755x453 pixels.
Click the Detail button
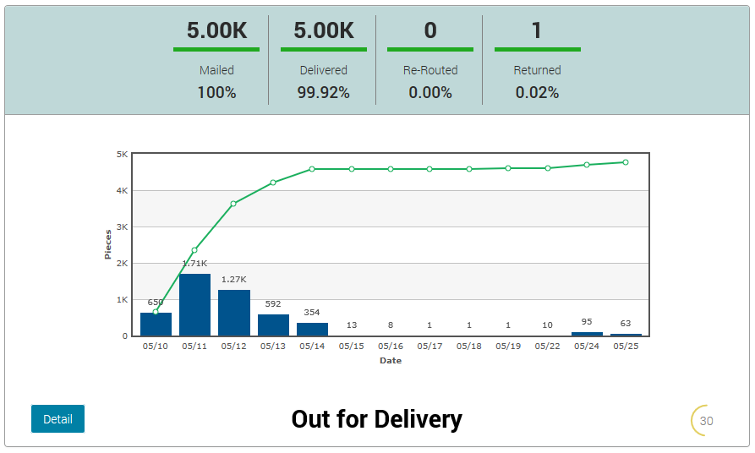coord(57,419)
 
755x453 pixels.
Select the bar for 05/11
coord(194,304)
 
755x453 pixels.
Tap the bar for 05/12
coord(234,313)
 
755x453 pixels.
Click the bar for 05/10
coord(156,325)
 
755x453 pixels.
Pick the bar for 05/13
coord(273,325)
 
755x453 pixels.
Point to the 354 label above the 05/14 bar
coord(312,313)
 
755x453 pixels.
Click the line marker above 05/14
coord(312,169)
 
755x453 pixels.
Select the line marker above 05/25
coord(626,162)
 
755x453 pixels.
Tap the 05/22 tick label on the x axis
coord(547,346)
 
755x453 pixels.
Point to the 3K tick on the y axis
coord(122,227)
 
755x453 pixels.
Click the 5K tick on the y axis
coord(122,155)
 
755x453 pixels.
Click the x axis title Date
coord(391,361)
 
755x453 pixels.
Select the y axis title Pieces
coord(108,243)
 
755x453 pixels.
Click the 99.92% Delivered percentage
coord(323,93)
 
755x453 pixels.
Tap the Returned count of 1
coord(537,31)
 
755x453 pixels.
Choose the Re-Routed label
coord(430,70)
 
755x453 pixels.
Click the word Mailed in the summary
coord(216,70)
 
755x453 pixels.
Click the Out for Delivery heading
coord(377,419)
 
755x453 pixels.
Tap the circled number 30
coord(706,421)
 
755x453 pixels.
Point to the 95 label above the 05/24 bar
coord(587,322)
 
